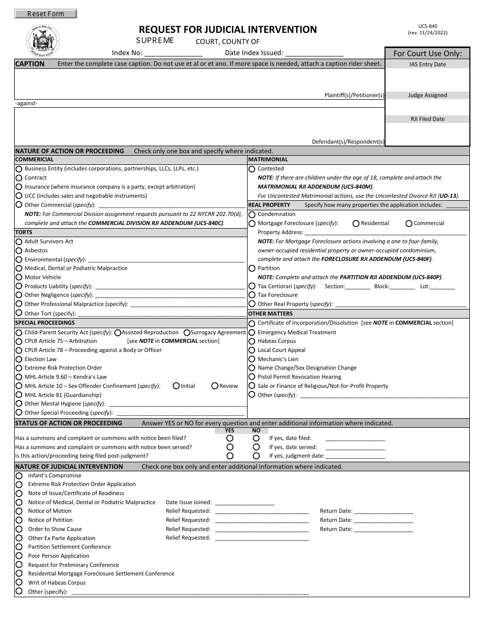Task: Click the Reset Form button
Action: [x=45, y=14]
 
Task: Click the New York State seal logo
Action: [x=42, y=41]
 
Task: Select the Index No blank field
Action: [x=173, y=53]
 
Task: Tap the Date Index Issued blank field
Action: [x=314, y=53]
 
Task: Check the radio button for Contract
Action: [x=19, y=178]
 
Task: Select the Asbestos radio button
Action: [x=19, y=251]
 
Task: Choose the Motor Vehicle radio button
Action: [x=19, y=278]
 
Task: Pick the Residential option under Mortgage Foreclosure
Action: [x=356, y=224]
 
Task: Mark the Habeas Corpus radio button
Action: [x=252, y=341]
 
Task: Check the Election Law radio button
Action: [x=19, y=360]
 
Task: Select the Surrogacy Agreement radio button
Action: [x=187, y=333]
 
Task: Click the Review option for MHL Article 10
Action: [x=215, y=386]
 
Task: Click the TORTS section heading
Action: [x=24, y=232]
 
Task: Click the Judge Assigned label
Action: [x=427, y=95]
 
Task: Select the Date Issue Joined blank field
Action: [x=245, y=503]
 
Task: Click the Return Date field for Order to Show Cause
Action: [x=383, y=529]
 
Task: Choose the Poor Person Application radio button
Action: [x=19, y=556]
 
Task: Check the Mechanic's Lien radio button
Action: [x=252, y=359]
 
